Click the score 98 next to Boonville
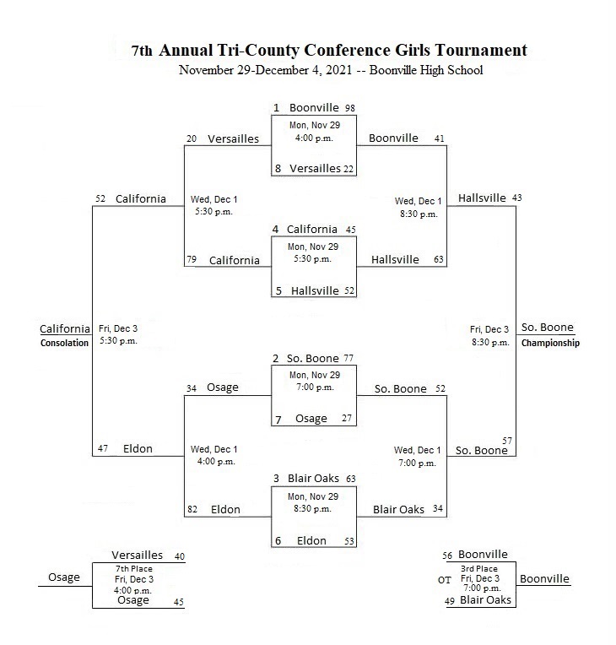click(350, 108)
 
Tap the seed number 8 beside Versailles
click(278, 168)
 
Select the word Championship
click(550, 343)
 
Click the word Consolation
click(64, 343)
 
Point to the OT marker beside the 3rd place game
click(444, 580)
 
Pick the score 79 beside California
click(192, 259)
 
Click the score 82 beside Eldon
click(192, 509)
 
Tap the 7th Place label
click(133, 569)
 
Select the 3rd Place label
click(479, 569)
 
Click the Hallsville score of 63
click(439, 259)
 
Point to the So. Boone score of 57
click(507, 441)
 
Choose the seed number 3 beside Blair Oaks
click(276, 479)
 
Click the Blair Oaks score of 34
click(438, 509)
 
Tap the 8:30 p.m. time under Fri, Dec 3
click(490, 342)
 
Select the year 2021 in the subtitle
click(339, 70)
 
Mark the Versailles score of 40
click(179, 556)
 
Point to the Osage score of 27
click(347, 418)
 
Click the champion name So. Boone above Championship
click(548, 328)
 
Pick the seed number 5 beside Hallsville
click(278, 290)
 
